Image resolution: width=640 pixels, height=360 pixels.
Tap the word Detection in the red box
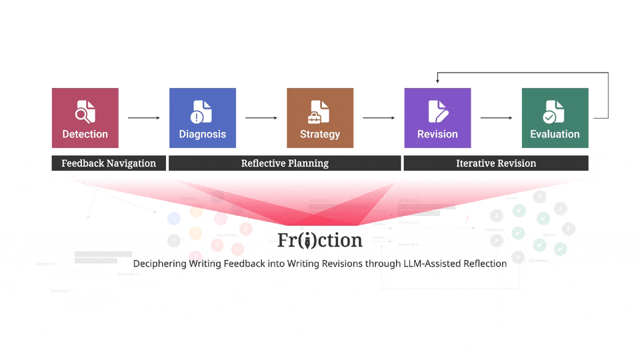point(85,134)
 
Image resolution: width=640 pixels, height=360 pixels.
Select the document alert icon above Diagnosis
point(202,112)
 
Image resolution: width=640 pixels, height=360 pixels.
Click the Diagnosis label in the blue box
point(202,134)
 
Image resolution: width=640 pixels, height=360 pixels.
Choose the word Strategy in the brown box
point(319,134)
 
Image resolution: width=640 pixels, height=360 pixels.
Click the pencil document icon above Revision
point(437,112)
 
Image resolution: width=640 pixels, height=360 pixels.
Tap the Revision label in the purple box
point(437,134)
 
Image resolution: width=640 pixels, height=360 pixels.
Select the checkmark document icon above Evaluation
point(554,112)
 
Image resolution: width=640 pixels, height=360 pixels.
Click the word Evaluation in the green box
point(555,134)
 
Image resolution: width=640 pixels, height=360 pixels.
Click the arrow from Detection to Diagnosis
point(144,118)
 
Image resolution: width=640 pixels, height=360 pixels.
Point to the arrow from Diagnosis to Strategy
point(261,118)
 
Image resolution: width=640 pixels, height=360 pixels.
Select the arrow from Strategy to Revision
point(379,118)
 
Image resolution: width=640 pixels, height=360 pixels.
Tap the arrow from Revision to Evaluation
point(497,118)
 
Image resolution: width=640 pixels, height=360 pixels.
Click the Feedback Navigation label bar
point(109,163)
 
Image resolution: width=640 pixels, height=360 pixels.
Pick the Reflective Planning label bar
point(285,163)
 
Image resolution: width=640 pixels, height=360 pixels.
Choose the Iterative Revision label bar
point(496,163)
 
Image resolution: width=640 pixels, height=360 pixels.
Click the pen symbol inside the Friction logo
point(307,240)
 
